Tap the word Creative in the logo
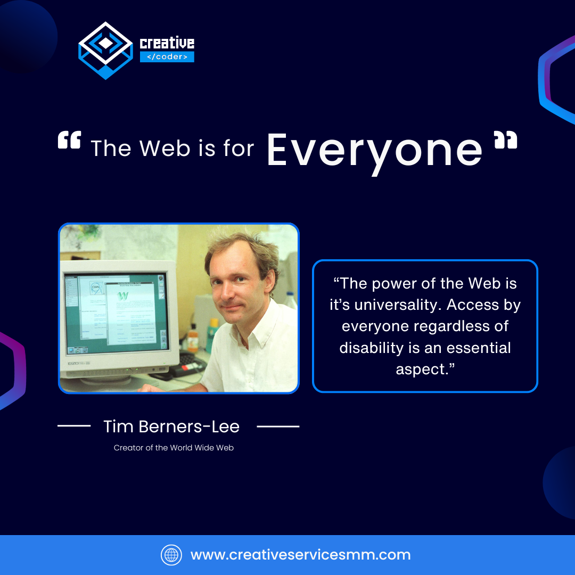click(x=167, y=43)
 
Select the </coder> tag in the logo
click(x=167, y=57)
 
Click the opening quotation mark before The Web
click(x=69, y=141)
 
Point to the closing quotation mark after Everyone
click(x=505, y=141)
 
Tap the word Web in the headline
click(x=165, y=149)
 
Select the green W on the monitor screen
click(x=123, y=295)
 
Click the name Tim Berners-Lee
click(x=171, y=426)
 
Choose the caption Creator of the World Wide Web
click(x=174, y=448)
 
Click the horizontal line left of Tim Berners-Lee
click(x=74, y=426)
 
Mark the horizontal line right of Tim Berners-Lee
click(x=278, y=426)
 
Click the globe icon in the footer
click(x=171, y=555)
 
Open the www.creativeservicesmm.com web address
click(x=300, y=555)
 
